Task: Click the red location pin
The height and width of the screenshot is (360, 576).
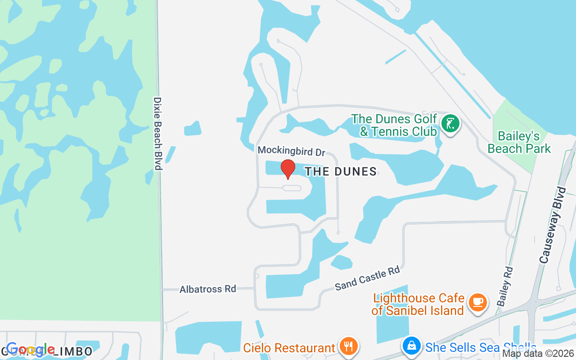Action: pos(288,168)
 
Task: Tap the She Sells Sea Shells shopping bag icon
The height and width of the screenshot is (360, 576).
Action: pos(411,346)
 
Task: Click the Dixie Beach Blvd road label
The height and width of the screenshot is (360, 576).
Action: pos(157,133)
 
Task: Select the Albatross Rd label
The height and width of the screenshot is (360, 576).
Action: pos(207,289)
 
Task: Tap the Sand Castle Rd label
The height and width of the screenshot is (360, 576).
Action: pos(367,278)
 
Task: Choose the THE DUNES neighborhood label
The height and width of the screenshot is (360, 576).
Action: pos(341,171)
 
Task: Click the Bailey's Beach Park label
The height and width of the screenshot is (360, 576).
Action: pos(519,142)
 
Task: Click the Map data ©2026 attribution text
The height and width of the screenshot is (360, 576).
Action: pos(538,354)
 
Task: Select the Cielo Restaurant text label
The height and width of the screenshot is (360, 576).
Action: pos(289,348)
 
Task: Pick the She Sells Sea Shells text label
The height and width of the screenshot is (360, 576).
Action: pos(480,347)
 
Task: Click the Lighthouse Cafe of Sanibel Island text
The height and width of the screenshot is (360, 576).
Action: pos(418,304)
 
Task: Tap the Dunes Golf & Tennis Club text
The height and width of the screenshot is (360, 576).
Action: pos(394,125)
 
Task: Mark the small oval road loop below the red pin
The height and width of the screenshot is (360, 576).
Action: pos(292,188)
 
